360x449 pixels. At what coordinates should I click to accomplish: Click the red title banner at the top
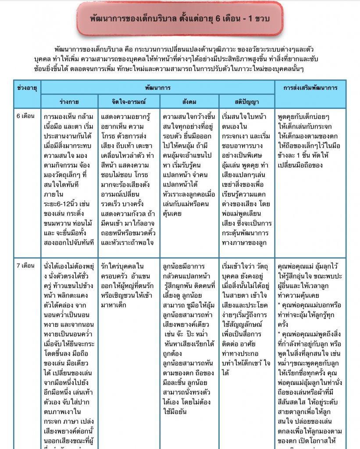click(x=179, y=19)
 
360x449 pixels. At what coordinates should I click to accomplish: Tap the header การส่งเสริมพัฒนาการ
click(x=310, y=88)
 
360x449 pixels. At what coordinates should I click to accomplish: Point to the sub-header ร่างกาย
click(x=69, y=102)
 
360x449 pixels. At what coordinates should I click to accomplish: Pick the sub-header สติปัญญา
click(x=246, y=102)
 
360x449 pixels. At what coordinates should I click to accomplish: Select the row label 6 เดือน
click(x=25, y=117)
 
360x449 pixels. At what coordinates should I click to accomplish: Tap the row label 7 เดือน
click(x=25, y=266)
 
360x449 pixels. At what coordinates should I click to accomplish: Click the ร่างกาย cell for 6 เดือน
click(x=69, y=180)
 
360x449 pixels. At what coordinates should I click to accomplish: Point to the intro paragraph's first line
click(x=184, y=48)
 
